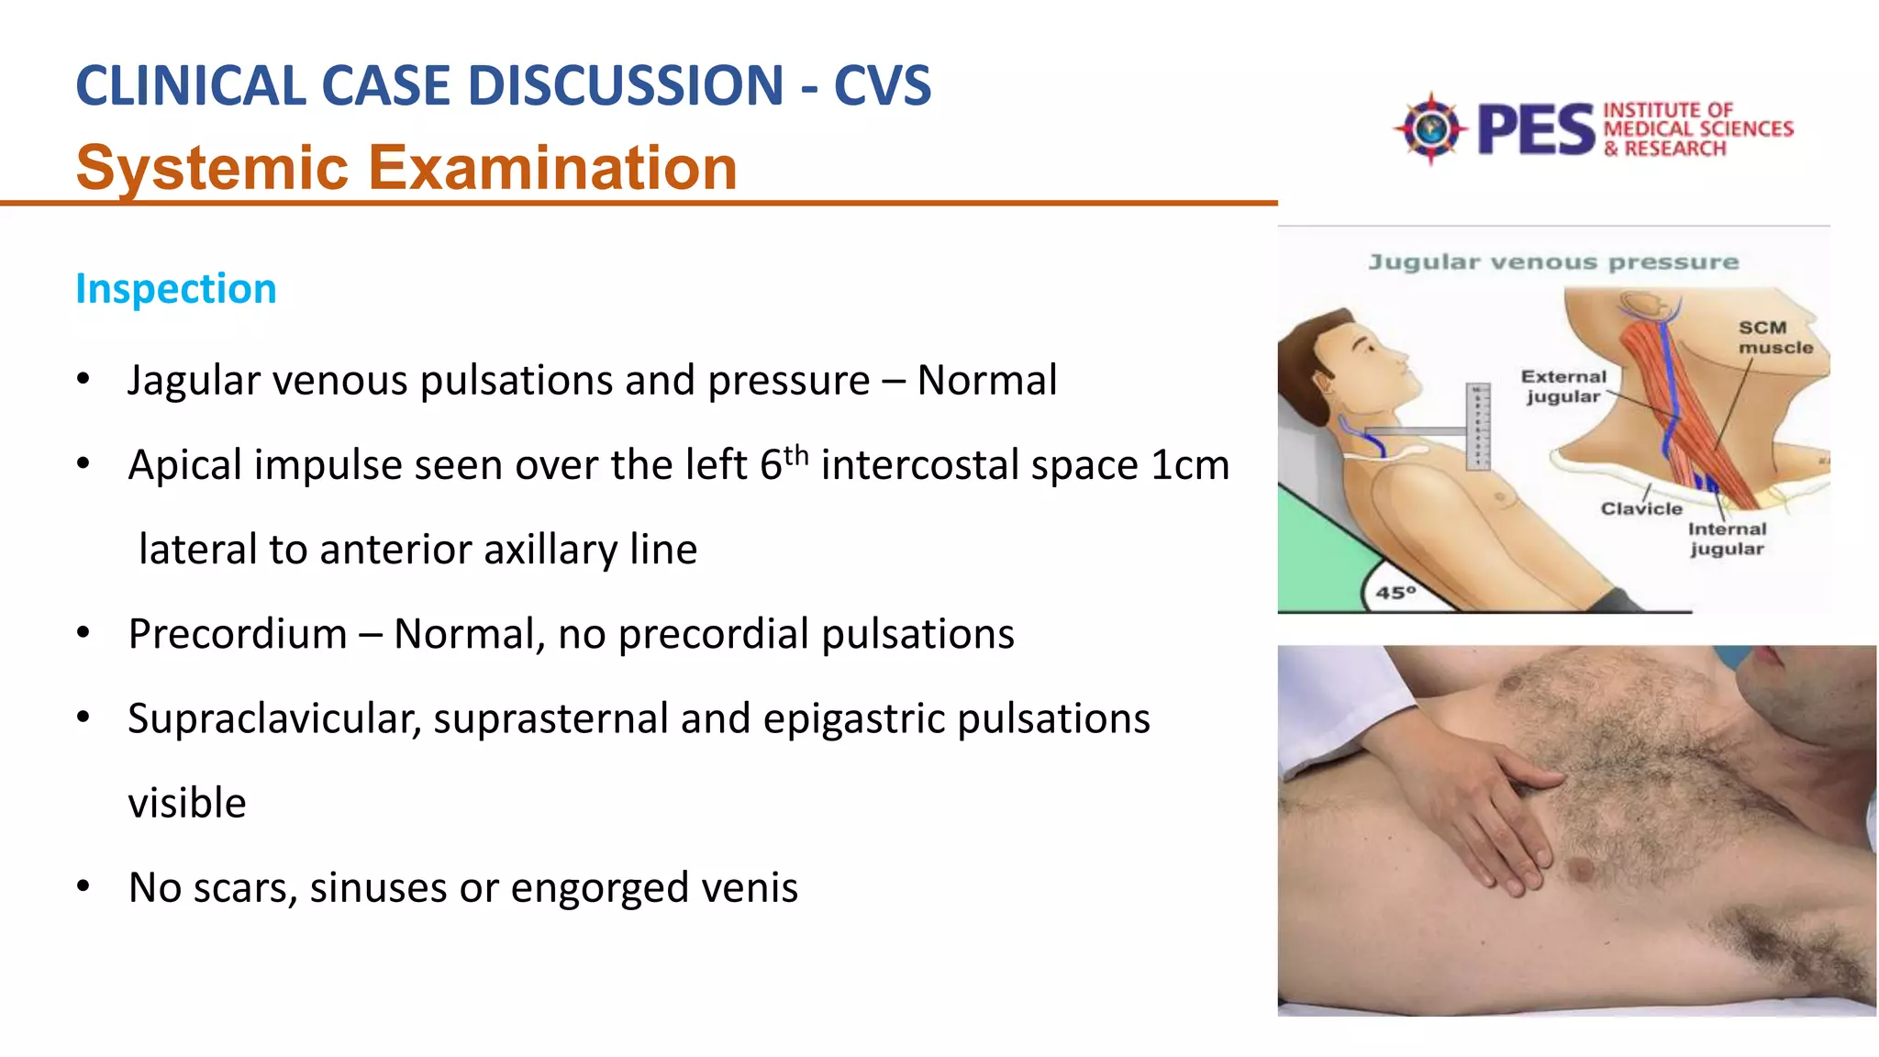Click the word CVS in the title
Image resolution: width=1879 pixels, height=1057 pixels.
click(882, 86)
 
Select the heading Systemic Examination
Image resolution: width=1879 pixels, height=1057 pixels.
click(406, 168)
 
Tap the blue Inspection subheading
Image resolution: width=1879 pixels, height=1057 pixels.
click(175, 289)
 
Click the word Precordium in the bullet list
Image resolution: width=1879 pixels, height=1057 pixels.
click(238, 634)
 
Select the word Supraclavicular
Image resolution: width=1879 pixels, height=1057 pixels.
click(272, 718)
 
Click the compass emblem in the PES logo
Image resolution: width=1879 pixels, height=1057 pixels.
click(1429, 128)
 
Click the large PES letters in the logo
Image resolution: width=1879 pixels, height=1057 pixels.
click(1536, 130)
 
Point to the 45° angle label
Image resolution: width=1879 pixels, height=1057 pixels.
click(1395, 593)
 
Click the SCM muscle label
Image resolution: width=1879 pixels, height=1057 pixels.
click(1774, 338)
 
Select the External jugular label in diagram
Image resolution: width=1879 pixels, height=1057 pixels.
click(1563, 386)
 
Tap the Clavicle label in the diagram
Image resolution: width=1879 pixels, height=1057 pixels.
click(1640, 509)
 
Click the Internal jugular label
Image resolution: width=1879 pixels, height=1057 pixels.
click(1727, 539)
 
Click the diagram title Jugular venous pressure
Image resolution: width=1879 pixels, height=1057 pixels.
click(1552, 262)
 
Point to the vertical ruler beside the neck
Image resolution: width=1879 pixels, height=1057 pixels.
click(1477, 427)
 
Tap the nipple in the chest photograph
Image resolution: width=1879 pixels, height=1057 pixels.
click(1580, 867)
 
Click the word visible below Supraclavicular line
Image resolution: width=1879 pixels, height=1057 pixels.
click(187, 804)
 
